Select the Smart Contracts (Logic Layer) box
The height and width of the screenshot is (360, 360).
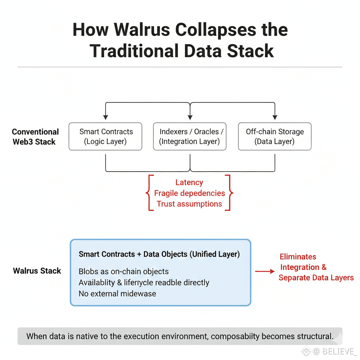[x=106, y=136]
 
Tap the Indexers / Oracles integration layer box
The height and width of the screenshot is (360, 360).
[x=190, y=136]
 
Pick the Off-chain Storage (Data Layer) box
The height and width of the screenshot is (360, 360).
[x=275, y=136]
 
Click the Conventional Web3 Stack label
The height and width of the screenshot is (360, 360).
[x=35, y=137]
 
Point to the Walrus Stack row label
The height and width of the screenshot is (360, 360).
[x=37, y=271]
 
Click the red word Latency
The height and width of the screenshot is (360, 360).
[x=189, y=182]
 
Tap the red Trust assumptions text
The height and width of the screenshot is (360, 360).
[x=189, y=204]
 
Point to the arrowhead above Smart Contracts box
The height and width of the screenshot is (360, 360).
[x=106, y=117]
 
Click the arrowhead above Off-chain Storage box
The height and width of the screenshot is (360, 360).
[x=275, y=117]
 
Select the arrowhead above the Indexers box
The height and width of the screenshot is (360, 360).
[x=190, y=117]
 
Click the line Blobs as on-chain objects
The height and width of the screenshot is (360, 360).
[x=124, y=272]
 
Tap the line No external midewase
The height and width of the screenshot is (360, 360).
[x=117, y=294]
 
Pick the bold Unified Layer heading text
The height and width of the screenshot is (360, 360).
[x=159, y=254]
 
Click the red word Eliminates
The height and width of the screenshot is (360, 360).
[x=298, y=257]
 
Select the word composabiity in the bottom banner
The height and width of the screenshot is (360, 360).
[x=235, y=336]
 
